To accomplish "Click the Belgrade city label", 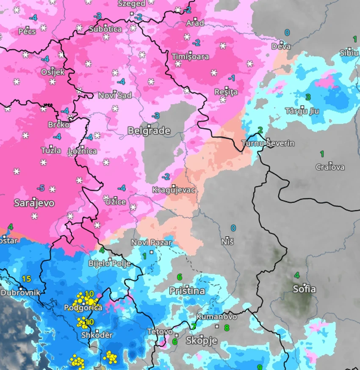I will [149, 131].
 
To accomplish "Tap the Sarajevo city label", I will [34, 203].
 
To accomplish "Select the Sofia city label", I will [305, 289].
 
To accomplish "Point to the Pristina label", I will [187, 291].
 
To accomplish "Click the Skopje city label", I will [202, 341].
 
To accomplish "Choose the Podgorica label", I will [83, 308].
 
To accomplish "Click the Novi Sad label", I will [115, 95].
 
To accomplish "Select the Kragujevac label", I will [174, 191].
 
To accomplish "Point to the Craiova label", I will [330, 167].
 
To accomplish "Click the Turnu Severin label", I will [268, 144].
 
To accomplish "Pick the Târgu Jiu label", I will [302, 111].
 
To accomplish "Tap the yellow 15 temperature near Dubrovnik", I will [27, 279].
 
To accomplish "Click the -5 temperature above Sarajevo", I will [41, 188].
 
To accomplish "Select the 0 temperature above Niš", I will [233, 228].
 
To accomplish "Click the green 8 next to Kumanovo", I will [227, 327].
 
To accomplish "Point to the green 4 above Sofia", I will [297, 275].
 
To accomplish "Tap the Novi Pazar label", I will [152, 243].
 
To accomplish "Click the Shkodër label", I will [97, 335].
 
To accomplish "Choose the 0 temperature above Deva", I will [287, 33].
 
